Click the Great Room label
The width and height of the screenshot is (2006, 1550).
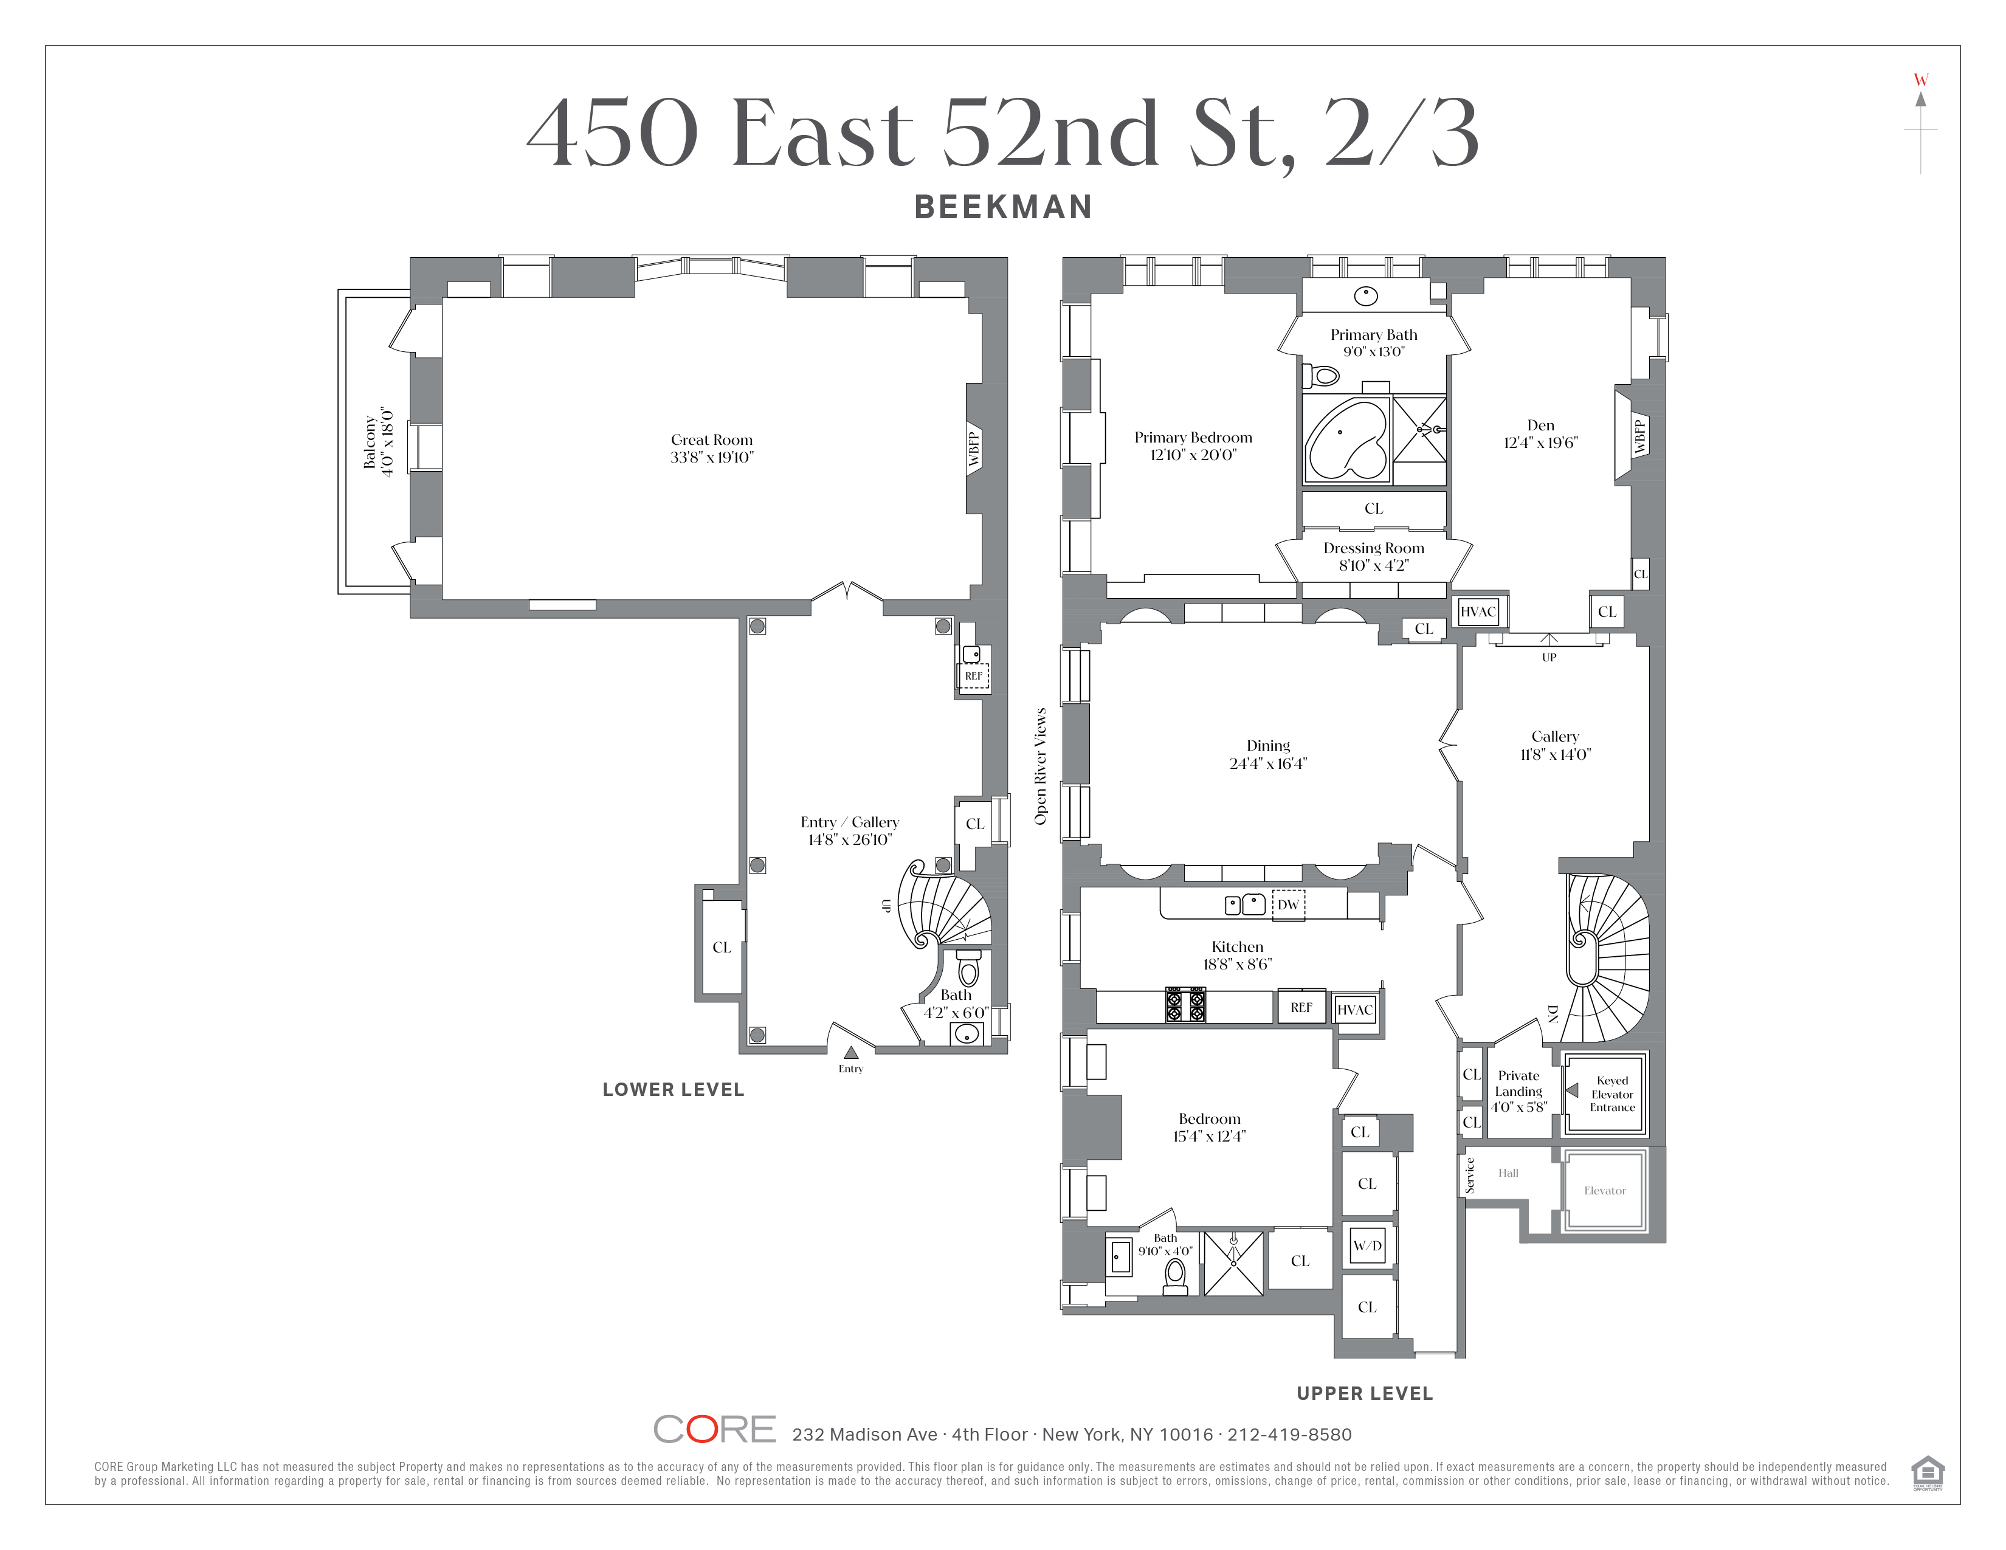point(711,440)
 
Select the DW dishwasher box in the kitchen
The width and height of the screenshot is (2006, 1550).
point(1287,904)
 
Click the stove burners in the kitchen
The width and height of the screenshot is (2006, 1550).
point(1185,1005)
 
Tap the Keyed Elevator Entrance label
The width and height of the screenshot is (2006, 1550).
point(1612,1094)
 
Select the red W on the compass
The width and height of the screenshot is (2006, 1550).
point(1920,80)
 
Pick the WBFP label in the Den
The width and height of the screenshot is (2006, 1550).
point(1639,436)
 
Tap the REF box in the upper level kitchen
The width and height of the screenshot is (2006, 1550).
point(1301,1007)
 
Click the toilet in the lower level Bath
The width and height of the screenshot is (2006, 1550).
point(969,966)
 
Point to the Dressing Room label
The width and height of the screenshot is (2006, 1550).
point(1373,548)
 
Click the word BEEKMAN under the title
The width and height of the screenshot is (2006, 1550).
point(1003,207)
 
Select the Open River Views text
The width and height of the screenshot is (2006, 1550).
point(1041,766)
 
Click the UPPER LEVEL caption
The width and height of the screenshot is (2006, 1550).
point(1365,1393)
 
